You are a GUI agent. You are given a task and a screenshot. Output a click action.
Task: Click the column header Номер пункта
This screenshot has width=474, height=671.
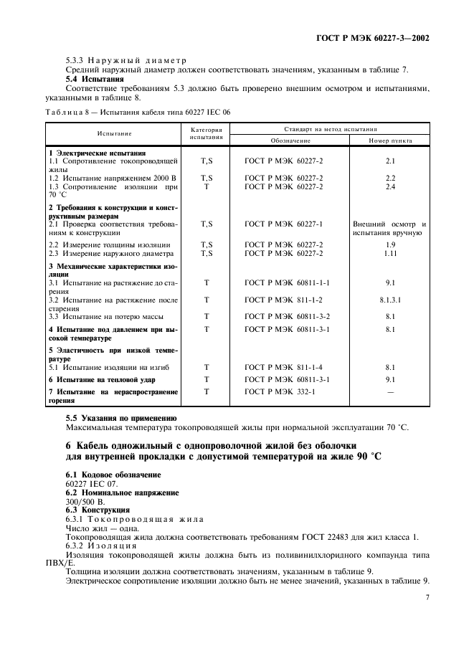[x=389, y=141]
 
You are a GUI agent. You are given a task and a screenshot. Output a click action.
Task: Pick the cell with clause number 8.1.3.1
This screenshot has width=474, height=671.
[x=390, y=302]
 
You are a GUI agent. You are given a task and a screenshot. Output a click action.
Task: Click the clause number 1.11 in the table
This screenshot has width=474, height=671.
[x=390, y=253]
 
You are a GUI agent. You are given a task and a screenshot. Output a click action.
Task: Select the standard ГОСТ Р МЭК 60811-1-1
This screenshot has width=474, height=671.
[x=287, y=283]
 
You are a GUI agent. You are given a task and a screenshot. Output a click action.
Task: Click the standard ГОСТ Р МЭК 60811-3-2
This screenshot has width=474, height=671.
[x=287, y=315]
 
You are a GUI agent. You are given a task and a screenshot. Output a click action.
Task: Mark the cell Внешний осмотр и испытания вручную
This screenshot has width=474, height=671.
[x=389, y=229]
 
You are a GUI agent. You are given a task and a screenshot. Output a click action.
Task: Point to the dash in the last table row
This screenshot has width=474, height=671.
[x=390, y=392]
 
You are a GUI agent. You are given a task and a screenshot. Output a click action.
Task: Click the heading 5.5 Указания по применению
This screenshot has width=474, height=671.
[x=121, y=417]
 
